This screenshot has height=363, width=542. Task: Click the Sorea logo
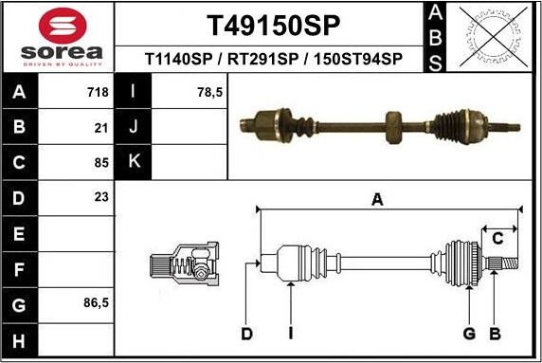(x=57, y=38)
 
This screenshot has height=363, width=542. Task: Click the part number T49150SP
(x=273, y=24)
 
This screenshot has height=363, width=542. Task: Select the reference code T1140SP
(x=178, y=59)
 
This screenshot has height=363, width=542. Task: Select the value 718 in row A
(x=99, y=93)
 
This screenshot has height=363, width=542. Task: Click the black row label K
(x=134, y=161)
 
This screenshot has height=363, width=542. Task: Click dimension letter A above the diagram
(x=377, y=199)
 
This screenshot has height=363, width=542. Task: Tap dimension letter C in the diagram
(x=497, y=238)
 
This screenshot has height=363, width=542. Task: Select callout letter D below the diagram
(x=246, y=333)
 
